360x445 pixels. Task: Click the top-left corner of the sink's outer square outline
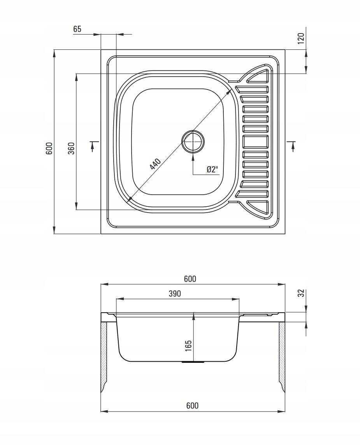[101, 50]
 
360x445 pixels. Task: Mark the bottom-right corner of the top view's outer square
[285, 234]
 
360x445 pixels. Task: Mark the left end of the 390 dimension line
[116, 299]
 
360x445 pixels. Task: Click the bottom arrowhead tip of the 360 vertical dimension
[76, 210]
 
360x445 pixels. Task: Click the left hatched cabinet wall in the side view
[104, 357]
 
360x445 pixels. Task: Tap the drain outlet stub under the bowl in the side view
[193, 362]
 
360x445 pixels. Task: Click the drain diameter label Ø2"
[212, 169]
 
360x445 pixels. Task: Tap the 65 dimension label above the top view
[77, 29]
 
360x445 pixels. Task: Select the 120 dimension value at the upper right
[301, 38]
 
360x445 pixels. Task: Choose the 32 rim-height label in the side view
[301, 293]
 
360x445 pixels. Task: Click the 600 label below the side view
[192, 406]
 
